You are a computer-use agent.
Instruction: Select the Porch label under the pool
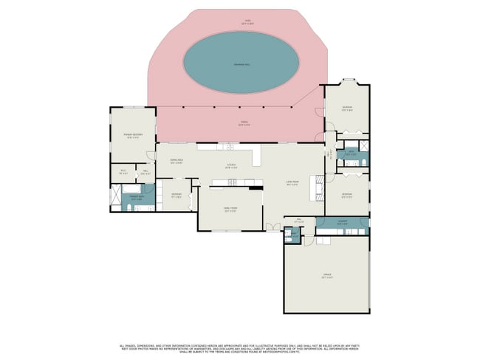click(243, 123)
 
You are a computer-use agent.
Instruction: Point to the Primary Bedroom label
click(133, 135)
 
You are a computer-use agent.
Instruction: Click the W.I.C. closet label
click(124, 173)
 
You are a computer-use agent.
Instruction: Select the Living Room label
click(292, 182)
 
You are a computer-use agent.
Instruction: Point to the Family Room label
click(230, 210)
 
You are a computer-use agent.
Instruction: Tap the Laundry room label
click(343, 223)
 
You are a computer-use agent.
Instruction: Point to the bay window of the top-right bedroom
click(346, 80)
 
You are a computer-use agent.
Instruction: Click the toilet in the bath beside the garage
click(288, 238)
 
